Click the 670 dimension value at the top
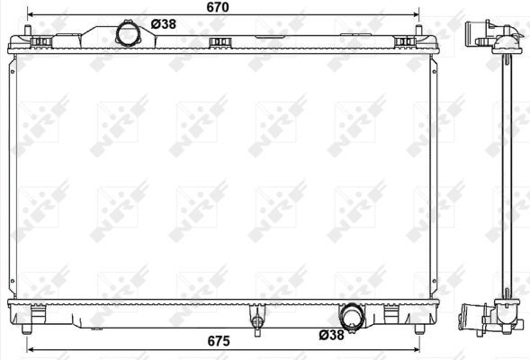(x=217, y=7)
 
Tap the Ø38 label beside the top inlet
(x=162, y=24)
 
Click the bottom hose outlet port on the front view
(x=352, y=317)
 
